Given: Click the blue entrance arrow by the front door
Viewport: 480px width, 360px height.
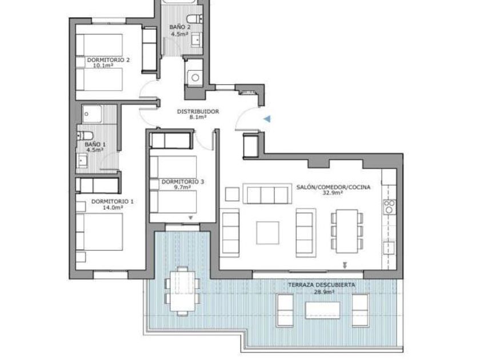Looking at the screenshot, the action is [x=268, y=119].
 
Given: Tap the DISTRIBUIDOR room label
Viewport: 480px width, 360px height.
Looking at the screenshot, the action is [x=198, y=111].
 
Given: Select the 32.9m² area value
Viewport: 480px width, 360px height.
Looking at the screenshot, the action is [x=333, y=193].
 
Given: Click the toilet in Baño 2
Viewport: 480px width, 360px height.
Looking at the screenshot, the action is [x=195, y=19].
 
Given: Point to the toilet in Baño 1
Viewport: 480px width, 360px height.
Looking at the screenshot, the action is [x=85, y=135].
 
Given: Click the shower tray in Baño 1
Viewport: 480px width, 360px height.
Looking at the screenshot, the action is [x=91, y=114].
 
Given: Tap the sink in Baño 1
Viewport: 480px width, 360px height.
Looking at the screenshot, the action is [x=82, y=161].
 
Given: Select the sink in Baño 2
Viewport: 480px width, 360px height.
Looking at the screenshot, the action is [x=197, y=39].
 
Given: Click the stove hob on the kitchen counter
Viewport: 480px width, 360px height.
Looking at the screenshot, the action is [x=389, y=207].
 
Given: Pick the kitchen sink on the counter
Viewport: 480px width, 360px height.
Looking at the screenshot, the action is [x=389, y=247].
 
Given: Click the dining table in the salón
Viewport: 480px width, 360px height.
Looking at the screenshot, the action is [x=347, y=231].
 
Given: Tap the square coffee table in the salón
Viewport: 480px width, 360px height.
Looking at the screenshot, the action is [x=267, y=233].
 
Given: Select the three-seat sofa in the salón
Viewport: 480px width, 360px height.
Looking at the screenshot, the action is [x=267, y=194].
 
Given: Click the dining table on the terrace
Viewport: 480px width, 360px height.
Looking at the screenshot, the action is [x=183, y=290].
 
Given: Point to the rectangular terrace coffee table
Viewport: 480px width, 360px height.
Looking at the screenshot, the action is [x=323, y=310].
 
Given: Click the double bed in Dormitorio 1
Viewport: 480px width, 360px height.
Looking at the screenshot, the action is [x=99, y=232].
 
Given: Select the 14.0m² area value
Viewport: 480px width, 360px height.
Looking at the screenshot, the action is [x=113, y=207].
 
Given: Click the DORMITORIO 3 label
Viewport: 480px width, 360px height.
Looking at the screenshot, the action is [x=182, y=182].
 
